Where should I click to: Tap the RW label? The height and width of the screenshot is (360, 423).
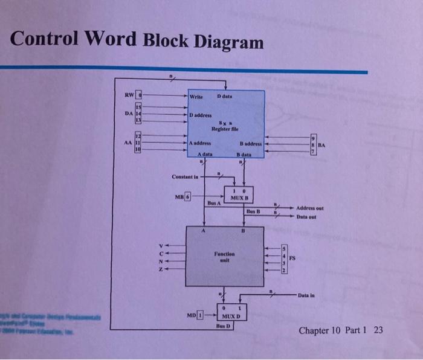128,95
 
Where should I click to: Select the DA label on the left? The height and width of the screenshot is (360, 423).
128,113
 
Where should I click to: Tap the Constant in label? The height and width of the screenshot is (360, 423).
185,177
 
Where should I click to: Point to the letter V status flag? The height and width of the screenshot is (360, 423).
160,245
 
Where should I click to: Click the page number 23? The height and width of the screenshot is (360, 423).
378,330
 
